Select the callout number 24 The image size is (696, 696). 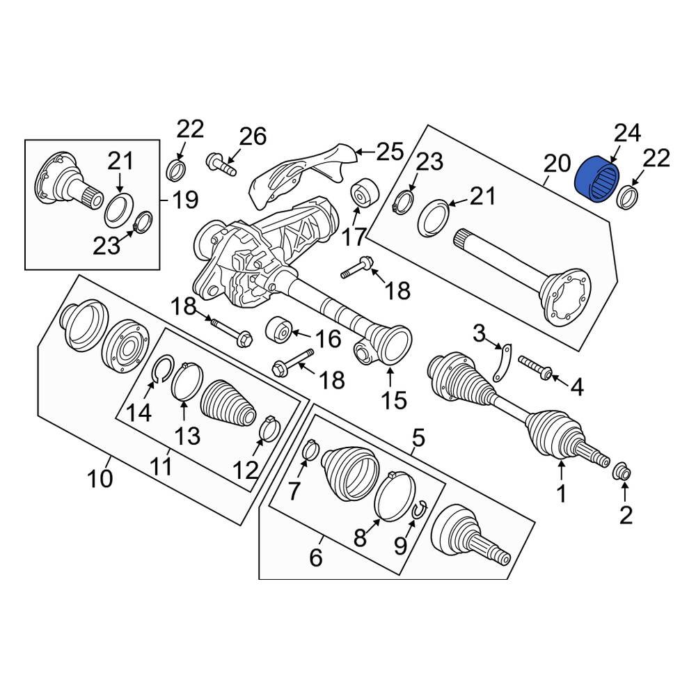click(627, 133)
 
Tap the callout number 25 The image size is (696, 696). click(390, 151)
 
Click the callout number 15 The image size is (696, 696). click(394, 400)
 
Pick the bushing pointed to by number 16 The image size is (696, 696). click(278, 331)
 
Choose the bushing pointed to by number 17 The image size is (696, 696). click(364, 194)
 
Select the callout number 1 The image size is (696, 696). click(562, 494)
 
